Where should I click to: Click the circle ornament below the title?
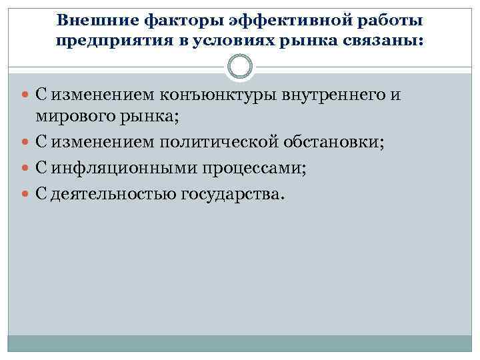click(240, 66)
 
